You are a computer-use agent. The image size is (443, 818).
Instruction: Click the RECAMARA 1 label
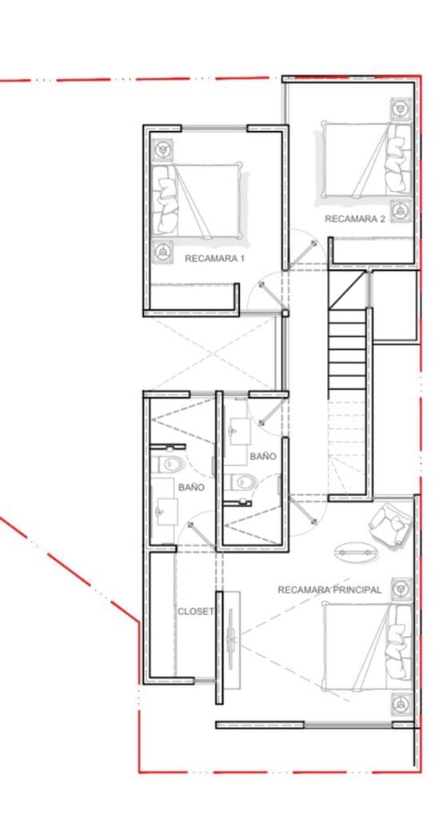(x=214, y=259)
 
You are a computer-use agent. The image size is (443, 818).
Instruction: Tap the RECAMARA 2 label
(x=355, y=218)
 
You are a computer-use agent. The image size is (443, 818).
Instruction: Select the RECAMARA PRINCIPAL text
(x=329, y=590)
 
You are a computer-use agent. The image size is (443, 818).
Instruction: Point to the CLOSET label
(x=196, y=611)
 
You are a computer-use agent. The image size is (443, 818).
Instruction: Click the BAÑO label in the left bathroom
(x=191, y=486)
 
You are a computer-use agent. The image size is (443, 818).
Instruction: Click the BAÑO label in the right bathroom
(x=263, y=456)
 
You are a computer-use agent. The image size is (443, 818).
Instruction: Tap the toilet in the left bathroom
(x=172, y=464)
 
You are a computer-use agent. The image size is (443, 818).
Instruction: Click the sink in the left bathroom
(x=166, y=508)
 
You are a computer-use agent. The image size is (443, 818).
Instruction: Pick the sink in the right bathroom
(x=237, y=431)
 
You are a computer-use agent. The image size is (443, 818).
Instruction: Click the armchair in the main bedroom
(x=389, y=524)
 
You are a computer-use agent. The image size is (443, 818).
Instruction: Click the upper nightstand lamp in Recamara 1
(x=163, y=149)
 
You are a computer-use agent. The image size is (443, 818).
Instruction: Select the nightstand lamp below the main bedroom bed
(x=400, y=704)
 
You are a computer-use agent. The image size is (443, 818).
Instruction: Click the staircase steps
(x=347, y=351)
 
